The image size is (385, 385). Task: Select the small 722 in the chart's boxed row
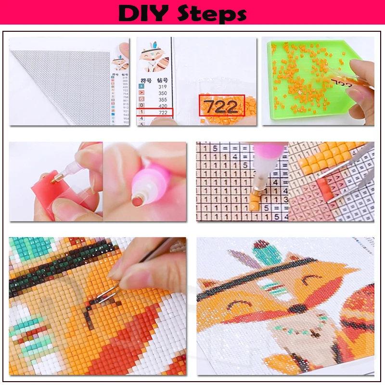click(x=163, y=112)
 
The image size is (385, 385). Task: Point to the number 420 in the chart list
click(x=163, y=106)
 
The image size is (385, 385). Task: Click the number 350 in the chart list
click(x=163, y=93)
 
